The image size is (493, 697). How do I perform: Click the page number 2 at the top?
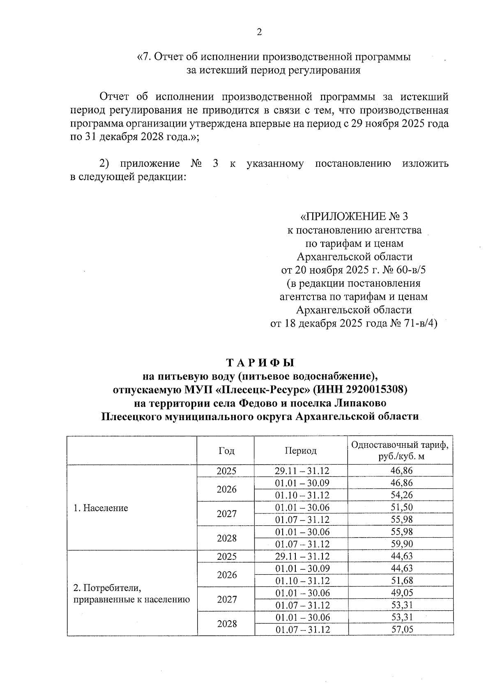259,32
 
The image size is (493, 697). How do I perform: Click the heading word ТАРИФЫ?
260,363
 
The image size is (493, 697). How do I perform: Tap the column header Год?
226,451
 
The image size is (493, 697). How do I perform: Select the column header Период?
301,451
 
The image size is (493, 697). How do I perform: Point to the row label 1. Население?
101,508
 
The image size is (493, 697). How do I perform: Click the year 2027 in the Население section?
227,514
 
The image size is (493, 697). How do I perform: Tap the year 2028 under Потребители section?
227,624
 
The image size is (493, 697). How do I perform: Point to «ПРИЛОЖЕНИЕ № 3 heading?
355,216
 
